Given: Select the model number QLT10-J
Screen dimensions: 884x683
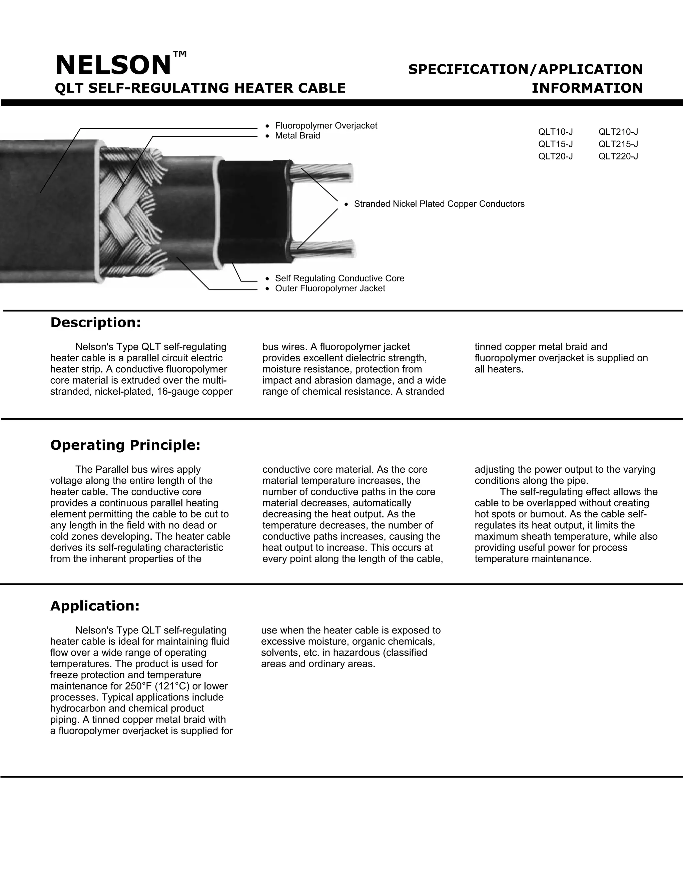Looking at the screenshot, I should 555,132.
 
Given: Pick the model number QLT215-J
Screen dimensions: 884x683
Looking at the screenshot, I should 618,144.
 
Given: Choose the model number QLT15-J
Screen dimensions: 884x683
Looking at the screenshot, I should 555,144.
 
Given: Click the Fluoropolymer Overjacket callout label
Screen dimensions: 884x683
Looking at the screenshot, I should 326,126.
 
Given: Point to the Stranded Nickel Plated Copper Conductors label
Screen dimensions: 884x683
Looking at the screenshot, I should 439,204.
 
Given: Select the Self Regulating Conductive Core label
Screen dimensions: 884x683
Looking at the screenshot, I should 339,279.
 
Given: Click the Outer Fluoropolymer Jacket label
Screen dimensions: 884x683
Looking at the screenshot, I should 330,289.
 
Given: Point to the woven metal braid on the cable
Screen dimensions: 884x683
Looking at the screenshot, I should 129,210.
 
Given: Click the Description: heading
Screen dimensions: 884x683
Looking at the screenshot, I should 95,323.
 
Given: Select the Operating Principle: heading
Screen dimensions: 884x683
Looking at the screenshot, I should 125,445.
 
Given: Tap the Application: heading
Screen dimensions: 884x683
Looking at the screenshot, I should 95,606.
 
